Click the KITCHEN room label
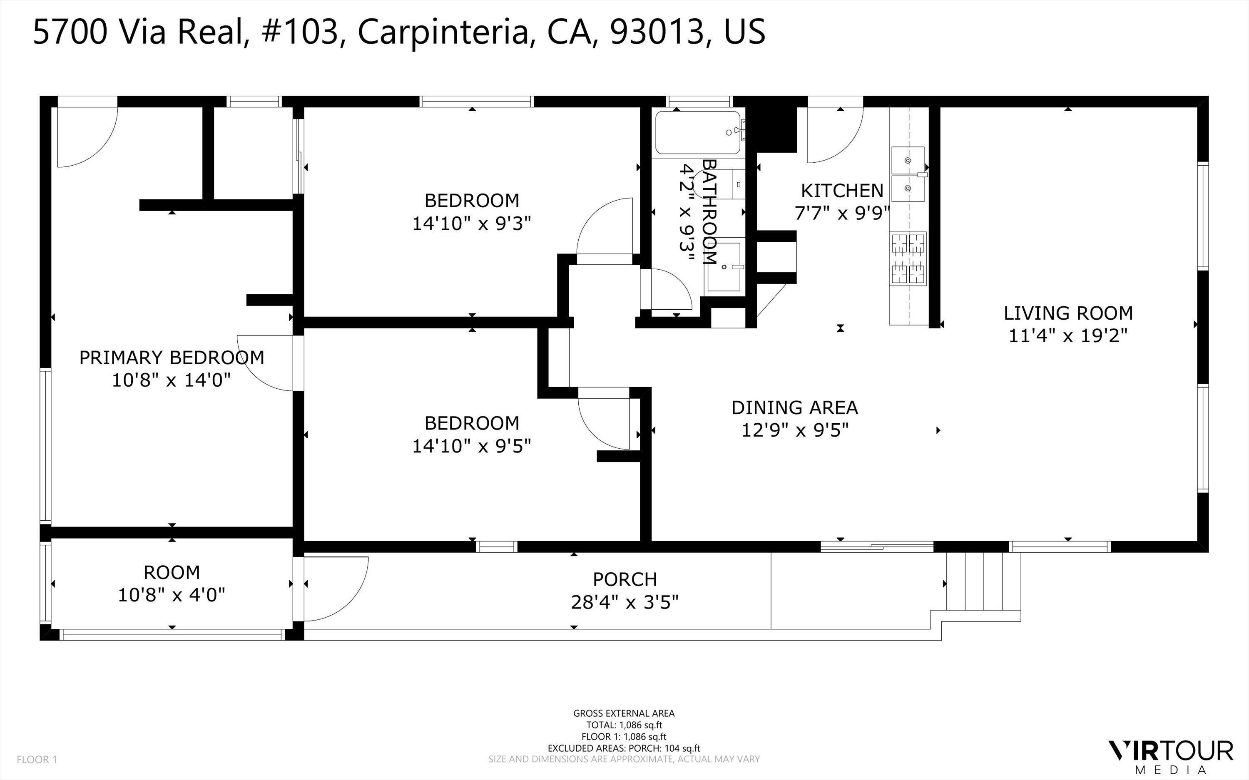pyautogui.click(x=841, y=191)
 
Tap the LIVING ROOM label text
pyautogui.click(x=1067, y=313)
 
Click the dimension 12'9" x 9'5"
pyautogui.click(x=794, y=430)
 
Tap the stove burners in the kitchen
pyautogui.click(x=908, y=258)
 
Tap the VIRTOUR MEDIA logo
pyautogui.click(x=1171, y=756)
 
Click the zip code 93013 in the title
pyautogui.click(x=657, y=32)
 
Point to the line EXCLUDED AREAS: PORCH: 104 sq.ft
pyautogui.click(x=624, y=748)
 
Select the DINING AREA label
pyautogui.click(x=794, y=407)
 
